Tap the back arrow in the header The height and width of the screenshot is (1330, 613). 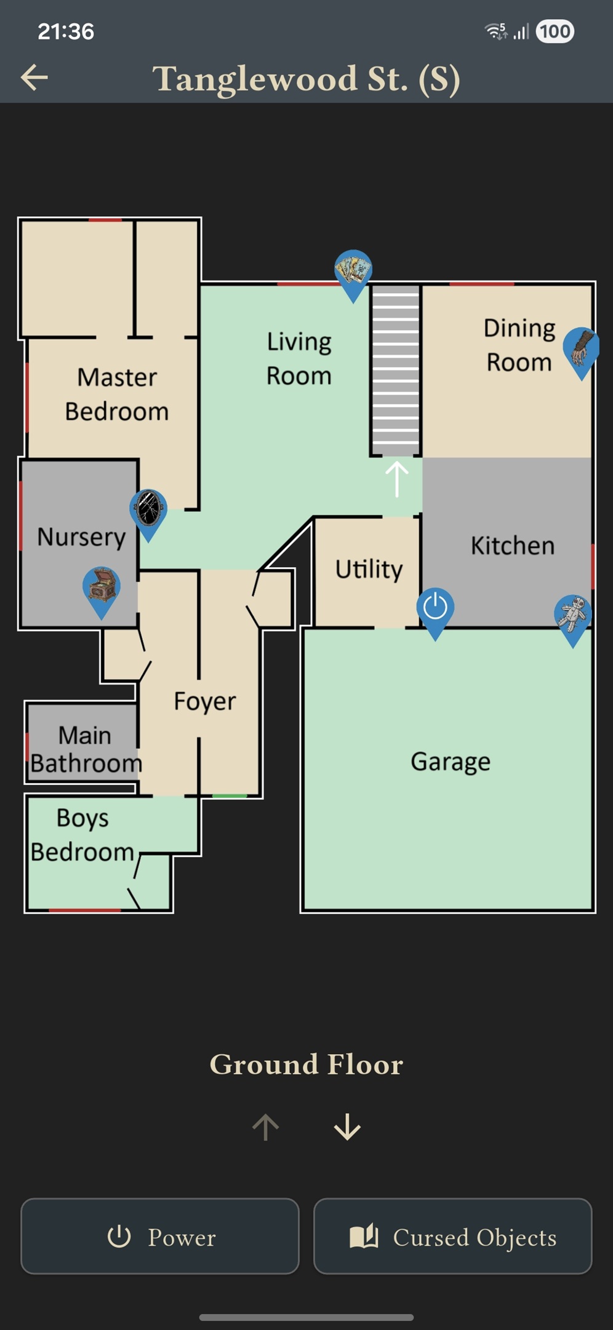click(x=34, y=78)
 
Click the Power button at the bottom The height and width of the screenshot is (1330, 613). click(x=160, y=1236)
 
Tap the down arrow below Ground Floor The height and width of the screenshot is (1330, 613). click(x=348, y=1127)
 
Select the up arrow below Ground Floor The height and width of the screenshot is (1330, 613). click(x=266, y=1127)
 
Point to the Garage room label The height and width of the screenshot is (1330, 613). click(x=451, y=762)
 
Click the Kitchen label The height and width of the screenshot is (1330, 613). click(x=513, y=546)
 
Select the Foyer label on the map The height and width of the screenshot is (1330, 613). click(x=205, y=701)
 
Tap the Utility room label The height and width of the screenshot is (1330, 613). click(x=369, y=569)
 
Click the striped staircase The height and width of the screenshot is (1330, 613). click(x=396, y=370)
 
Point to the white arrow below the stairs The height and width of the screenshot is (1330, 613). click(x=397, y=478)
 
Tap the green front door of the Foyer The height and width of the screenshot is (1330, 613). click(x=230, y=796)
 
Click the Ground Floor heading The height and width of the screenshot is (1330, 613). click(x=306, y=1065)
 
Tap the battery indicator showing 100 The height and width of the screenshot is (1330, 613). click(x=555, y=31)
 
